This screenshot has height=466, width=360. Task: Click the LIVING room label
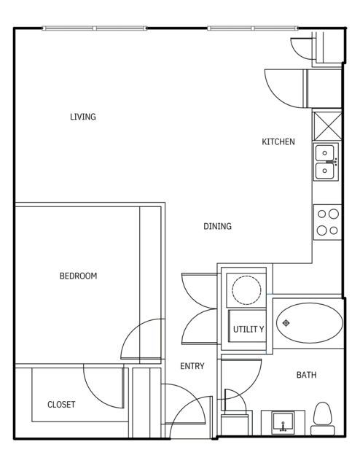[83, 117]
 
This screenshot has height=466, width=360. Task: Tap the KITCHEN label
[278, 141]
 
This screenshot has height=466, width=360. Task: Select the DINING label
[217, 226]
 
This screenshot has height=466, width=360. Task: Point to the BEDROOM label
[79, 276]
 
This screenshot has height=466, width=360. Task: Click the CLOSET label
[61, 405]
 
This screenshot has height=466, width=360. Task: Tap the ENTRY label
[192, 366]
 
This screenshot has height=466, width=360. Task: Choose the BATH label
[307, 375]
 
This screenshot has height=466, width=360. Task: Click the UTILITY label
[249, 330]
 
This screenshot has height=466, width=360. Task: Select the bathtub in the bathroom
[310, 323]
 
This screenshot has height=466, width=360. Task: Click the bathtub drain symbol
[286, 323]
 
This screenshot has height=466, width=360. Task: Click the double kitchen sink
[326, 162]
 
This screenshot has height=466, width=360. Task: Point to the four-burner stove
[327, 222]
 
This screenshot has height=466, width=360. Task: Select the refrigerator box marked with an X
[327, 125]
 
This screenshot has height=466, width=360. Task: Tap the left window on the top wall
[95, 28]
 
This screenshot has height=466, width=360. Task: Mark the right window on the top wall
[253, 28]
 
